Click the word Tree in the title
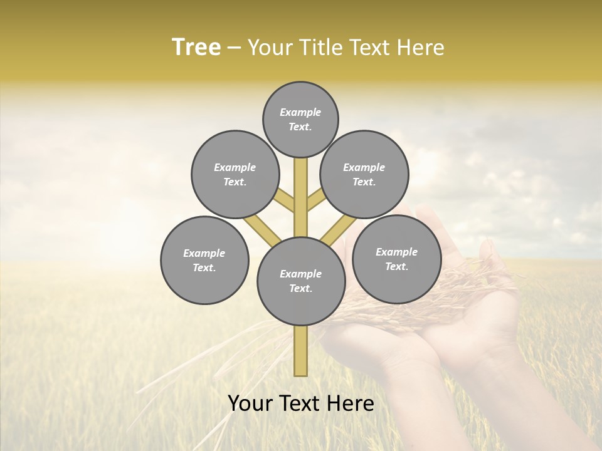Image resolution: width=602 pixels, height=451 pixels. (196, 48)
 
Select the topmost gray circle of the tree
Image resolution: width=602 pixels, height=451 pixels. (300, 119)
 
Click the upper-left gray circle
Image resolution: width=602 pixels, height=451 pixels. (235, 174)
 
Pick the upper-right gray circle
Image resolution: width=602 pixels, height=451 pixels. (364, 174)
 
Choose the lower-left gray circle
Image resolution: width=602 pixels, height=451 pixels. (204, 260)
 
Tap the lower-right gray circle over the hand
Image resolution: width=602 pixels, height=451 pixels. (397, 259)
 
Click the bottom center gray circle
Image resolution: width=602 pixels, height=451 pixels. (301, 281)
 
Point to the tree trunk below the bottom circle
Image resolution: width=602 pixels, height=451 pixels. (301, 351)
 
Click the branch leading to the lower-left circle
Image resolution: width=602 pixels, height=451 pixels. (261, 229)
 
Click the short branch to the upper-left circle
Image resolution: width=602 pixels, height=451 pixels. (284, 201)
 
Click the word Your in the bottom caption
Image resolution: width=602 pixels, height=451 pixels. (251, 403)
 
